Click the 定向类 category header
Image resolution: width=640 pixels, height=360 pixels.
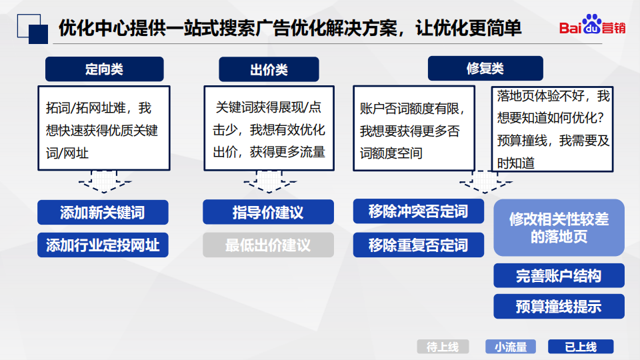[105, 69]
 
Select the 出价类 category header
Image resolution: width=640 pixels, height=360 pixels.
[269, 69]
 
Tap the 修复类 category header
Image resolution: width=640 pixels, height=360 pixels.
[485, 68]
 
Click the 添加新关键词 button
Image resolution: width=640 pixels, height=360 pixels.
[103, 212]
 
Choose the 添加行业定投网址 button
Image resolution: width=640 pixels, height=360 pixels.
[103, 245]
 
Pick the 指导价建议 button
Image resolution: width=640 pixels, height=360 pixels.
[268, 212]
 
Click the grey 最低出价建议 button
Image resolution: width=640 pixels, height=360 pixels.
[268, 245]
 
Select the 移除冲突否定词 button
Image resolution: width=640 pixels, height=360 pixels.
[419, 211]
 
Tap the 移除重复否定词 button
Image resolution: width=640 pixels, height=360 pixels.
[419, 245]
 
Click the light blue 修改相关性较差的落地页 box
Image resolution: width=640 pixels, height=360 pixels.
[559, 228]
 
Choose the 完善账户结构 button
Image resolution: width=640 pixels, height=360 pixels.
[559, 275]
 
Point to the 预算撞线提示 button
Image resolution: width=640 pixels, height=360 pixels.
[559, 306]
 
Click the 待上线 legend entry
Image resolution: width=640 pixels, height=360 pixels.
[443, 347]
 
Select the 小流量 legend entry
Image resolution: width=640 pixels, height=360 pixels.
[511, 347]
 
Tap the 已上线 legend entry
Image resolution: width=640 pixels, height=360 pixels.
[581, 347]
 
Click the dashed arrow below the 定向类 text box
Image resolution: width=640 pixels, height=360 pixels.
[105, 181]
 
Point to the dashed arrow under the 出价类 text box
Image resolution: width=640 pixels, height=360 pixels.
[269, 181]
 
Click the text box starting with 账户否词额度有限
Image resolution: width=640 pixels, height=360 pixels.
[414, 128]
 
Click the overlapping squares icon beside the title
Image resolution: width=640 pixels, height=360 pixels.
[32, 29]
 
